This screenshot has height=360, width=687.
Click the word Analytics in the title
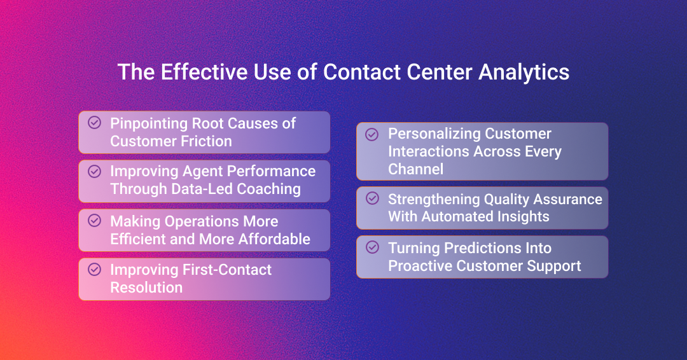(x=524, y=72)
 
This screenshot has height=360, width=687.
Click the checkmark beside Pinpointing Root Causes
(x=94, y=122)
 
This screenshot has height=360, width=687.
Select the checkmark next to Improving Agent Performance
(x=94, y=171)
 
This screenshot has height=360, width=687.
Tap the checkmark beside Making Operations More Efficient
(x=94, y=220)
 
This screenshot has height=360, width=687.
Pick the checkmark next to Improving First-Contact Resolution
(x=94, y=269)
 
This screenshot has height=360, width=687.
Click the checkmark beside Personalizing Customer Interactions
(x=373, y=134)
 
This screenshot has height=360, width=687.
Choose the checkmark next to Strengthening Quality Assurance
(x=373, y=198)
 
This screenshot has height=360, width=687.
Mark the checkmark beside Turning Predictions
(x=373, y=247)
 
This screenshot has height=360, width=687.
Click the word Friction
(x=204, y=141)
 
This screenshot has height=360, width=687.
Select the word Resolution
(x=146, y=287)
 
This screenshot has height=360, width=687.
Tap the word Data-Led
(x=203, y=189)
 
